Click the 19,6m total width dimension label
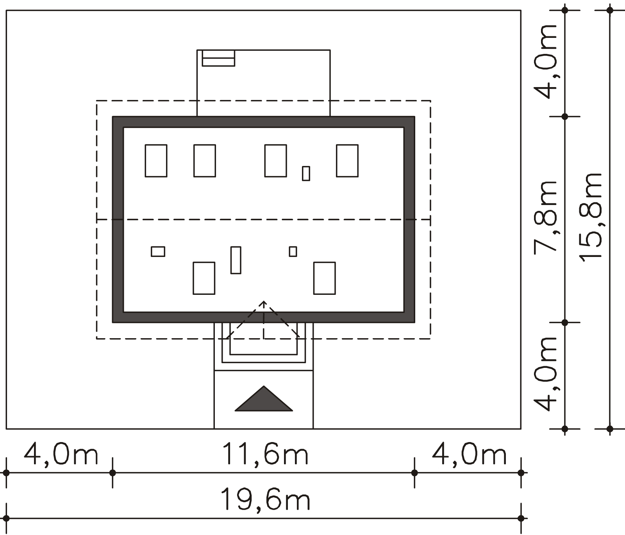(x=265, y=499)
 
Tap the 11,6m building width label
(x=265, y=453)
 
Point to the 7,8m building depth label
(x=545, y=217)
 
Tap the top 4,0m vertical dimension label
(x=545, y=61)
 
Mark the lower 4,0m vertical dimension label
(x=545, y=374)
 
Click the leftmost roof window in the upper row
(x=156, y=161)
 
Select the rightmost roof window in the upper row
(x=347, y=161)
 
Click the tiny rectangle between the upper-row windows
(x=306, y=173)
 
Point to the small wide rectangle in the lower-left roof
(x=158, y=251)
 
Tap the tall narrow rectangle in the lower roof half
(x=236, y=260)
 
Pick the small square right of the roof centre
(x=293, y=251)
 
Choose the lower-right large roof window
(x=324, y=278)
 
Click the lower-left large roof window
(x=204, y=278)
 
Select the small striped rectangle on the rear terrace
(x=218, y=58)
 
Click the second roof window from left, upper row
(x=205, y=161)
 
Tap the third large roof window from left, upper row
(x=275, y=161)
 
